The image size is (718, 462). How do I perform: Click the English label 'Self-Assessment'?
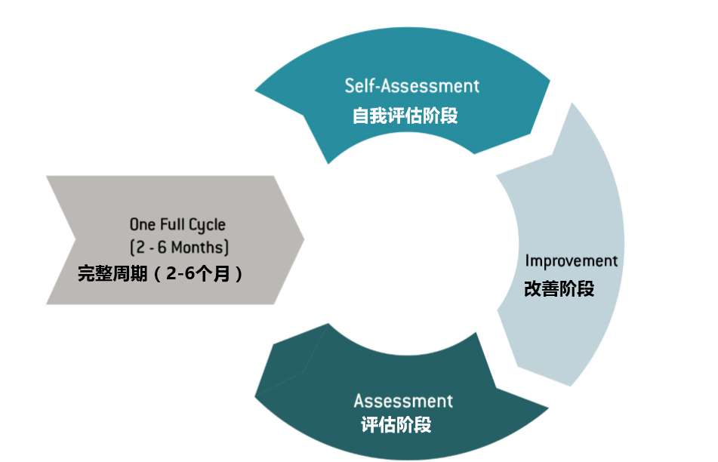point(412,85)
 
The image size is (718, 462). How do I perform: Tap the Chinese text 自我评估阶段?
point(405,116)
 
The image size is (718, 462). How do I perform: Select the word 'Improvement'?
point(572,261)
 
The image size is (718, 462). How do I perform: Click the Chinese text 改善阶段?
point(559,288)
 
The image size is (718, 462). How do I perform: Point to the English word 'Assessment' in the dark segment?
point(403,400)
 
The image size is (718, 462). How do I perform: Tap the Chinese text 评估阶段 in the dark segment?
point(396,424)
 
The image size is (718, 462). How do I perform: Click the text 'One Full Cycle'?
point(177,224)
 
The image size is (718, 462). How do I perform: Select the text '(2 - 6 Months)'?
point(179,247)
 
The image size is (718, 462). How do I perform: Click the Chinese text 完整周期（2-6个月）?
point(161,274)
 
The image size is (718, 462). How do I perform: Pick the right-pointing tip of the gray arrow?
point(303,239)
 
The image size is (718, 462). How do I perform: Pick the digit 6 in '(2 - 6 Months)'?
point(163,247)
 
